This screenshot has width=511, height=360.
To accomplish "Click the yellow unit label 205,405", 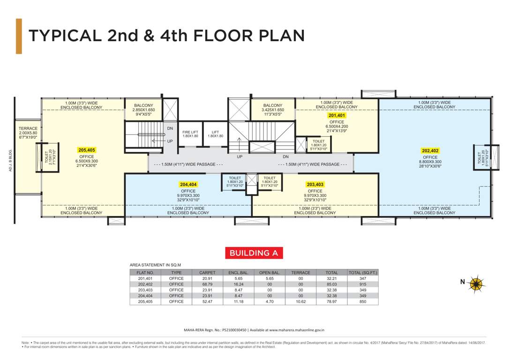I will pyautogui.click(x=87, y=150).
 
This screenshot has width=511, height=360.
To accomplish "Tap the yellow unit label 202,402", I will pyautogui.click(x=430, y=151).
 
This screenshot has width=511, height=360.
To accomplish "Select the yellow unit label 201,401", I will pyautogui.click(x=337, y=115).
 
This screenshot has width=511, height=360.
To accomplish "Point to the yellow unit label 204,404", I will pyautogui.click(x=188, y=185).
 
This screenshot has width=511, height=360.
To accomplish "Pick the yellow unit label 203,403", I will pyautogui.click(x=315, y=185).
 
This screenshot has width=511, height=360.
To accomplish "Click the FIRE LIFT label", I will pyautogui.click(x=190, y=134).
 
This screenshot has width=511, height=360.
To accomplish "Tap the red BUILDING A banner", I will pyautogui.click(x=254, y=253).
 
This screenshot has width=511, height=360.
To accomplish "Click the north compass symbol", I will pyautogui.click(x=477, y=283).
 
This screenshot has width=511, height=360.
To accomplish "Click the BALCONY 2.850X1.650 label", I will pyautogui.click(x=143, y=110).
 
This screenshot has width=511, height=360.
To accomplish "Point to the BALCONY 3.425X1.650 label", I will pyautogui.click(x=273, y=110).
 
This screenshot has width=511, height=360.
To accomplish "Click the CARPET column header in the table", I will pyautogui.click(x=207, y=272).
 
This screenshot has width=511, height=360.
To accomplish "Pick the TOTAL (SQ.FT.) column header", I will pyautogui.click(x=363, y=272).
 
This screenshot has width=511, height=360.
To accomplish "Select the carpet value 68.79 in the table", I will pyautogui.click(x=207, y=284).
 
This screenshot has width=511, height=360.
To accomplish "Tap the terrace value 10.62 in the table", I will pyautogui.click(x=301, y=301).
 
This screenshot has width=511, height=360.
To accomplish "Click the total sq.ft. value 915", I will pyautogui.click(x=363, y=284).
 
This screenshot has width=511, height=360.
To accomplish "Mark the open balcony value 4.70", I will pyautogui.click(x=270, y=301).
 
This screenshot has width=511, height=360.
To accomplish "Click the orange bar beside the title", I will pyautogui.click(x=19, y=36).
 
